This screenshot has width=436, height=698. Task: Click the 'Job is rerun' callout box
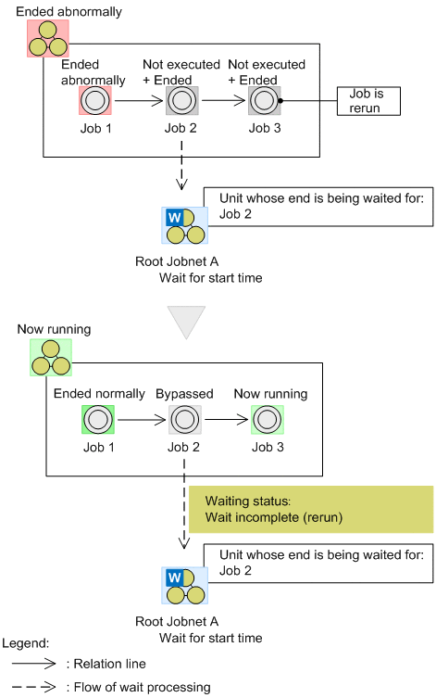click(371, 101)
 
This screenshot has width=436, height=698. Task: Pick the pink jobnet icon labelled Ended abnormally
click(47, 37)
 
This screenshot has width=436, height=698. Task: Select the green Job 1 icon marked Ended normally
click(95, 419)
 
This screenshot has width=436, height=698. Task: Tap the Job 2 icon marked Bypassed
click(183, 419)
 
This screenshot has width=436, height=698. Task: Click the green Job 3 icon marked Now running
click(268, 419)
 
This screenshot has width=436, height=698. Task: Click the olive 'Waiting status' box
click(310, 510)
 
